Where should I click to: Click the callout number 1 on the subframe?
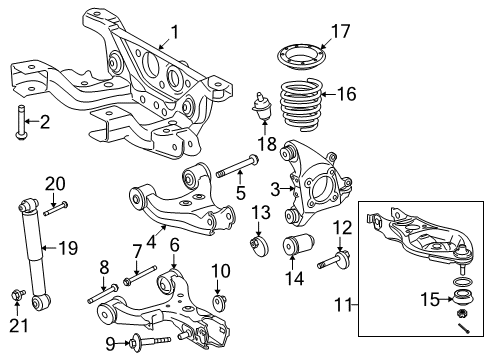click(x=174, y=32)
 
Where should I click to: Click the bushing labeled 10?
click(x=222, y=300)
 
